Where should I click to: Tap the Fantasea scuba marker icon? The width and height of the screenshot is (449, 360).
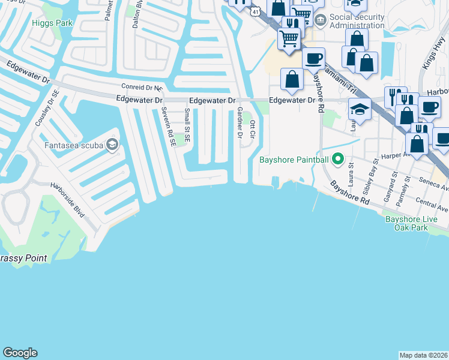click(112, 145)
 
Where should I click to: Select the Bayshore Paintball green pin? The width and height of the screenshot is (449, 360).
click(338, 160)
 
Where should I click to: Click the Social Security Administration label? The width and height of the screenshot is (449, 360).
click(357, 22)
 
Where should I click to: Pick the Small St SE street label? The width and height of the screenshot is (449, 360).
click(187, 125)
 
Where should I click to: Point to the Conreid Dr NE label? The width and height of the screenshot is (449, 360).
click(142, 87)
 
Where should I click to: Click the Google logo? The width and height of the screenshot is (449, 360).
click(20, 353)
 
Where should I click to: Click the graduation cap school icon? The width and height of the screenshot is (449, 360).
click(360, 109)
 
